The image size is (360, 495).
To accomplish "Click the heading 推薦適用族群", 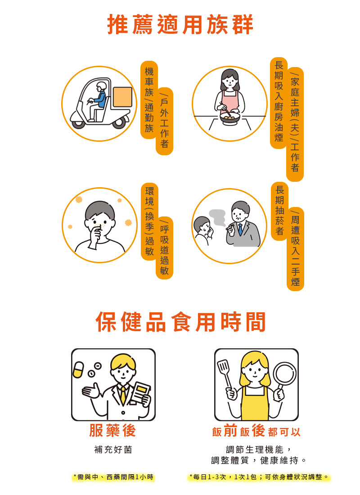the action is (180, 24).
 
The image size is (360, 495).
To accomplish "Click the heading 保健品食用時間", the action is (180, 322).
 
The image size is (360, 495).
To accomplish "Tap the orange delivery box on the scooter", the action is (122, 97).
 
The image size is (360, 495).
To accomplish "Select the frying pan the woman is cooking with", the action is (229, 119).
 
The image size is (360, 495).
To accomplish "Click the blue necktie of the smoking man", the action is (240, 229).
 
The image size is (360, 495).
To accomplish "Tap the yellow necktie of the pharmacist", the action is (122, 395).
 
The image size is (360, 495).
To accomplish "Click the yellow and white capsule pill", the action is (78, 369).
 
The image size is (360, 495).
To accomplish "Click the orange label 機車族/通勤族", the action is (149, 100).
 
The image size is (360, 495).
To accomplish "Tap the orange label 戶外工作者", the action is (165, 121).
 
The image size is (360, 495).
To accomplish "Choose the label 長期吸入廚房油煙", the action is (279, 103).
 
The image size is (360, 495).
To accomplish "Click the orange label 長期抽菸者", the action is (280, 211).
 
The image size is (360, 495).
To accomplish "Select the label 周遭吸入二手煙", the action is (295, 249).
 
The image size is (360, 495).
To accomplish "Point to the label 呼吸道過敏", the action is (165, 248).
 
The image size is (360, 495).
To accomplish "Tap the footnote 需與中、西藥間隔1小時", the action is (113, 477).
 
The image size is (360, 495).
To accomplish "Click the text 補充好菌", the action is (113, 450).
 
